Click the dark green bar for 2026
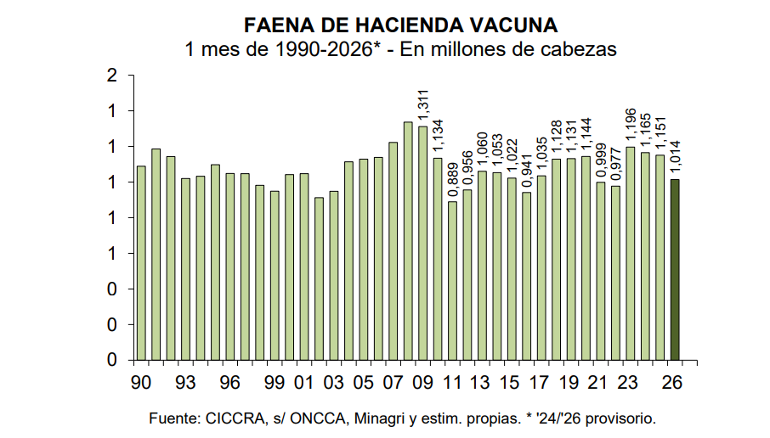tap(675, 269)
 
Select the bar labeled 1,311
tap(422, 243)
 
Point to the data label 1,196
tap(630, 126)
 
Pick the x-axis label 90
tap(141, 382)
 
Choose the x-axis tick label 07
tap(393, 382)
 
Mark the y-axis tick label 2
tap(110, 76)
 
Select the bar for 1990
tap(141, 262)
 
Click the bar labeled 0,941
tap(526, 276)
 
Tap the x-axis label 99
tap(275, 382)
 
